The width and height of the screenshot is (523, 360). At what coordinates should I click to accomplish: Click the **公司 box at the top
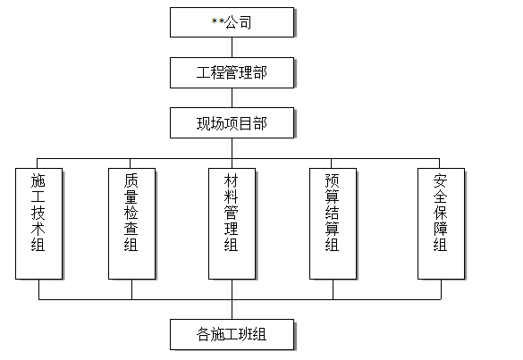coord(232,22)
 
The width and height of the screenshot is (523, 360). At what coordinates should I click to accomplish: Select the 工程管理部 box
coord(232,72)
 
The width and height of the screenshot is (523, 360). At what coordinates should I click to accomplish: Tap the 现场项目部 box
coord(232,123)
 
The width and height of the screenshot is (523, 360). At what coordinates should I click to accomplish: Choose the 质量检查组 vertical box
coord(131,222)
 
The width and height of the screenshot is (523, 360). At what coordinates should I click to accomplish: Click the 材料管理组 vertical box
coord(232,222)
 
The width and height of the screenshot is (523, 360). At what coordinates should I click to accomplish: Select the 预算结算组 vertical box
coord(333,222)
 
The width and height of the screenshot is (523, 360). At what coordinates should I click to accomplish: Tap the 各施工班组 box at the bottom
coord(232,335)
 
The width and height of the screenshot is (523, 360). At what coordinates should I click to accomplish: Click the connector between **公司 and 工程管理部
coord(232,47)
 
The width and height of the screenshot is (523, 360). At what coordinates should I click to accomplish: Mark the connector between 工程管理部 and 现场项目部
coord(232,98)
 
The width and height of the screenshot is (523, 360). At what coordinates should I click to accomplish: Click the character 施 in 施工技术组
coord(38,179)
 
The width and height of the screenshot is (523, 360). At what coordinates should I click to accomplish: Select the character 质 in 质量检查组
coord(131,179)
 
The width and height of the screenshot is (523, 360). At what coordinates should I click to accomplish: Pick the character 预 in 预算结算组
coord(333,179)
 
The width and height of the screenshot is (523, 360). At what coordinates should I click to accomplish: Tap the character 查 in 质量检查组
coord(131,228)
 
